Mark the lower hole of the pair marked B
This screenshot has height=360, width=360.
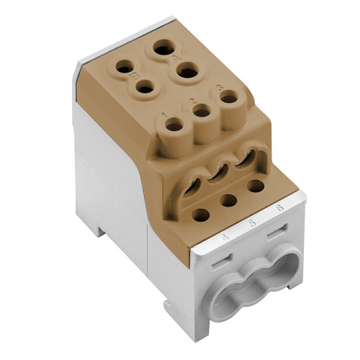tap(145, 89)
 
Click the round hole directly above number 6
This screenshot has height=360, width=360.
tap(255, 186)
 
